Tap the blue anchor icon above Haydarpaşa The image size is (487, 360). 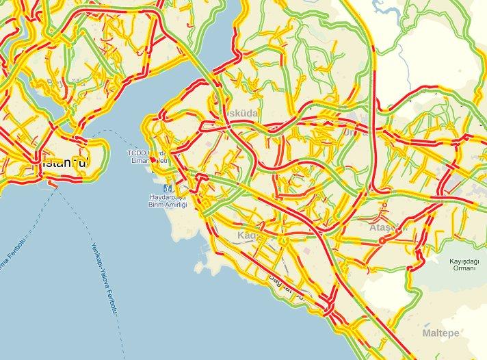coord(166,187)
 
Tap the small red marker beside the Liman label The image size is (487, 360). coord(153,159)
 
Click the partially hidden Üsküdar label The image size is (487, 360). coord(235,112)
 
